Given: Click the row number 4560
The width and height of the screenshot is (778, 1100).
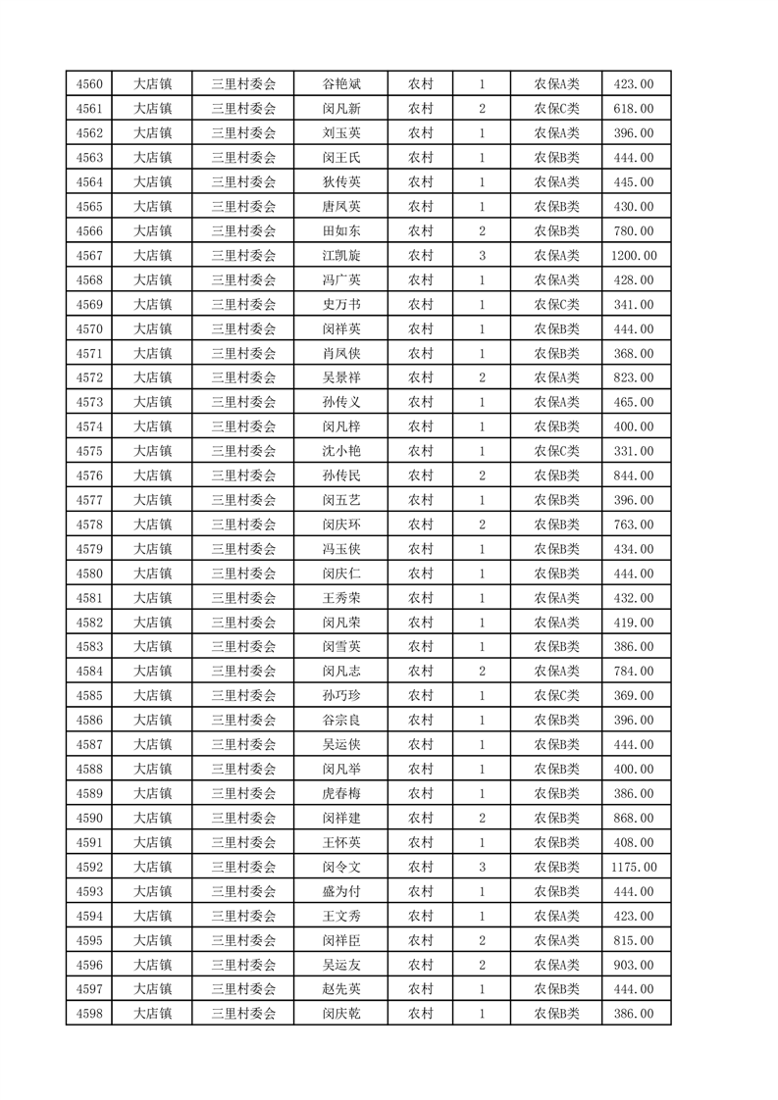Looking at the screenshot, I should point(89,84).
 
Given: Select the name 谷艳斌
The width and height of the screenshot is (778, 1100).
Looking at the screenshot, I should point(341,84).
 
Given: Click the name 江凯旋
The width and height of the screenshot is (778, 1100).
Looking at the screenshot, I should point(341,256).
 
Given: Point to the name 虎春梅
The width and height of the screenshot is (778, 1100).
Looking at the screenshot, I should point(341,793).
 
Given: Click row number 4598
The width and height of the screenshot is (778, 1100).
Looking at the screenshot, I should point(89,1014).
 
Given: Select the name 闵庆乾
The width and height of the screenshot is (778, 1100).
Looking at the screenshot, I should point(341,1014).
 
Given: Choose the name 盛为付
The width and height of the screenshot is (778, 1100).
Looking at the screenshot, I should point(341,891).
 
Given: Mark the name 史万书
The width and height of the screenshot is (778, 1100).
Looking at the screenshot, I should point(341,305).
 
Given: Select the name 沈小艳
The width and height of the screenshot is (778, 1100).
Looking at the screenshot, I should point(341,451).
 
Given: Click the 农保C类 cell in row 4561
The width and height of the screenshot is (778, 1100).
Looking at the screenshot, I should point(556,109).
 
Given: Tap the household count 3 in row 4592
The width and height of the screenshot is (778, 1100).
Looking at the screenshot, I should point(483,867).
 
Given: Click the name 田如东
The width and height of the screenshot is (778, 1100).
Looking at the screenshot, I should point(341,231).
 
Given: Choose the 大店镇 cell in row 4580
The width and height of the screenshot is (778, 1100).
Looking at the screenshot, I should point(153,574).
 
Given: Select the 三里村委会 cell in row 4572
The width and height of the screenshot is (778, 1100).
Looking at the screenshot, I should point(244,377).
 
